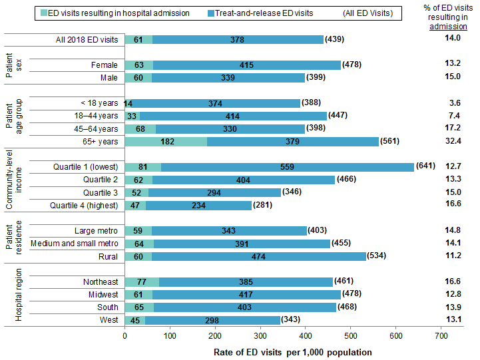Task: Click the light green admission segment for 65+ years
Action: point(166,141)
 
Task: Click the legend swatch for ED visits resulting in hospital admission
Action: point(44,13)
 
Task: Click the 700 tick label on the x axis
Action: point(441,337)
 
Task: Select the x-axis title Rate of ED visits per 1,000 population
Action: point(293,351)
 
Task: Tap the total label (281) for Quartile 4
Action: point(264,205)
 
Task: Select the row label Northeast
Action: point(101,282)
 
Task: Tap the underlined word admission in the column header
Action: point(447,27)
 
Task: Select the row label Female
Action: point(105,65)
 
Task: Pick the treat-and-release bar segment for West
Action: point(213,320)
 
